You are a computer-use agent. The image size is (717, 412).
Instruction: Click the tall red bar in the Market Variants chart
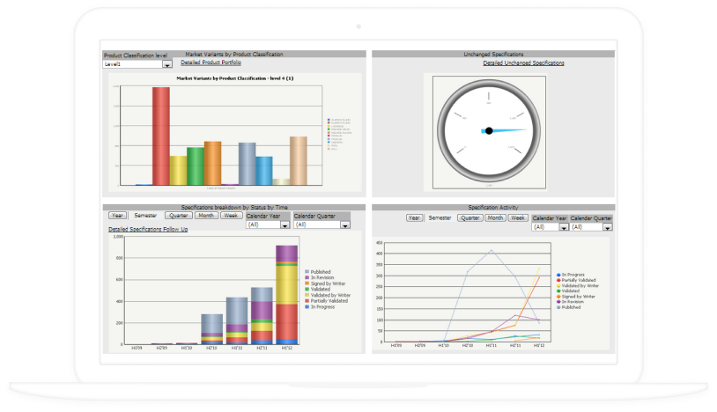160,136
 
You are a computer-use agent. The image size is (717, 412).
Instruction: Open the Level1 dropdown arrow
167,64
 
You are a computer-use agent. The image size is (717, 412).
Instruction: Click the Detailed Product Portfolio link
211,63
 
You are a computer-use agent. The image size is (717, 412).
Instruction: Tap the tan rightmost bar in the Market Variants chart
298,160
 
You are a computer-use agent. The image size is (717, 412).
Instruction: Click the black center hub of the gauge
488,131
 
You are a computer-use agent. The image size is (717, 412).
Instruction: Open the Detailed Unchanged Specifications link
523,63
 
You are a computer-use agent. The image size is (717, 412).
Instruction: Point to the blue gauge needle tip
534,132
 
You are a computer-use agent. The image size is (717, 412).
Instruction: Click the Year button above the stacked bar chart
117,216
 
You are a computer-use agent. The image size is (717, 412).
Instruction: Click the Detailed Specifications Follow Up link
148,229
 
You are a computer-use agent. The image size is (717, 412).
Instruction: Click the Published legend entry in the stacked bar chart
321,272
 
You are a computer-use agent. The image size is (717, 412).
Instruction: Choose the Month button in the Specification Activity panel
496,217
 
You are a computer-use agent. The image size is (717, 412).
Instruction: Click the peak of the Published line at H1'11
491,250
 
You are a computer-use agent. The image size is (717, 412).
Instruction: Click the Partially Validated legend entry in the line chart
581,280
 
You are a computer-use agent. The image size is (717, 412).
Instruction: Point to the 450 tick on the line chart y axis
378,242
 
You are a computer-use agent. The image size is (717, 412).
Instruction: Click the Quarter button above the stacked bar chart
179,216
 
